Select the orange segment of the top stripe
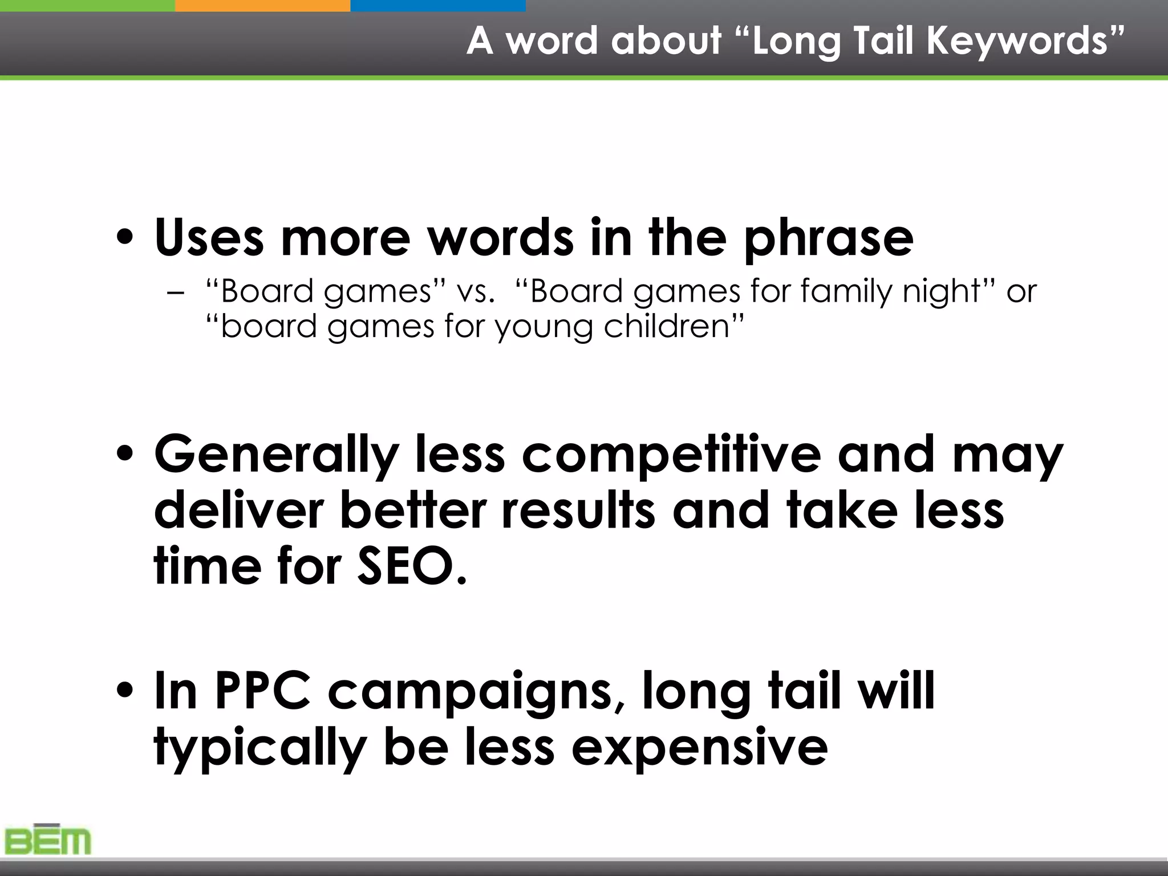click(x=262, y=5)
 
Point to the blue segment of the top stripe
click(x=437, y=5)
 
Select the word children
click(x=667, y=327)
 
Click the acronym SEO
click(x=411, y=566)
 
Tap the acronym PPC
click(x=263, y=690)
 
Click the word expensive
click(x=699, y=748)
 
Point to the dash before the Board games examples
click(x=177, y=293)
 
